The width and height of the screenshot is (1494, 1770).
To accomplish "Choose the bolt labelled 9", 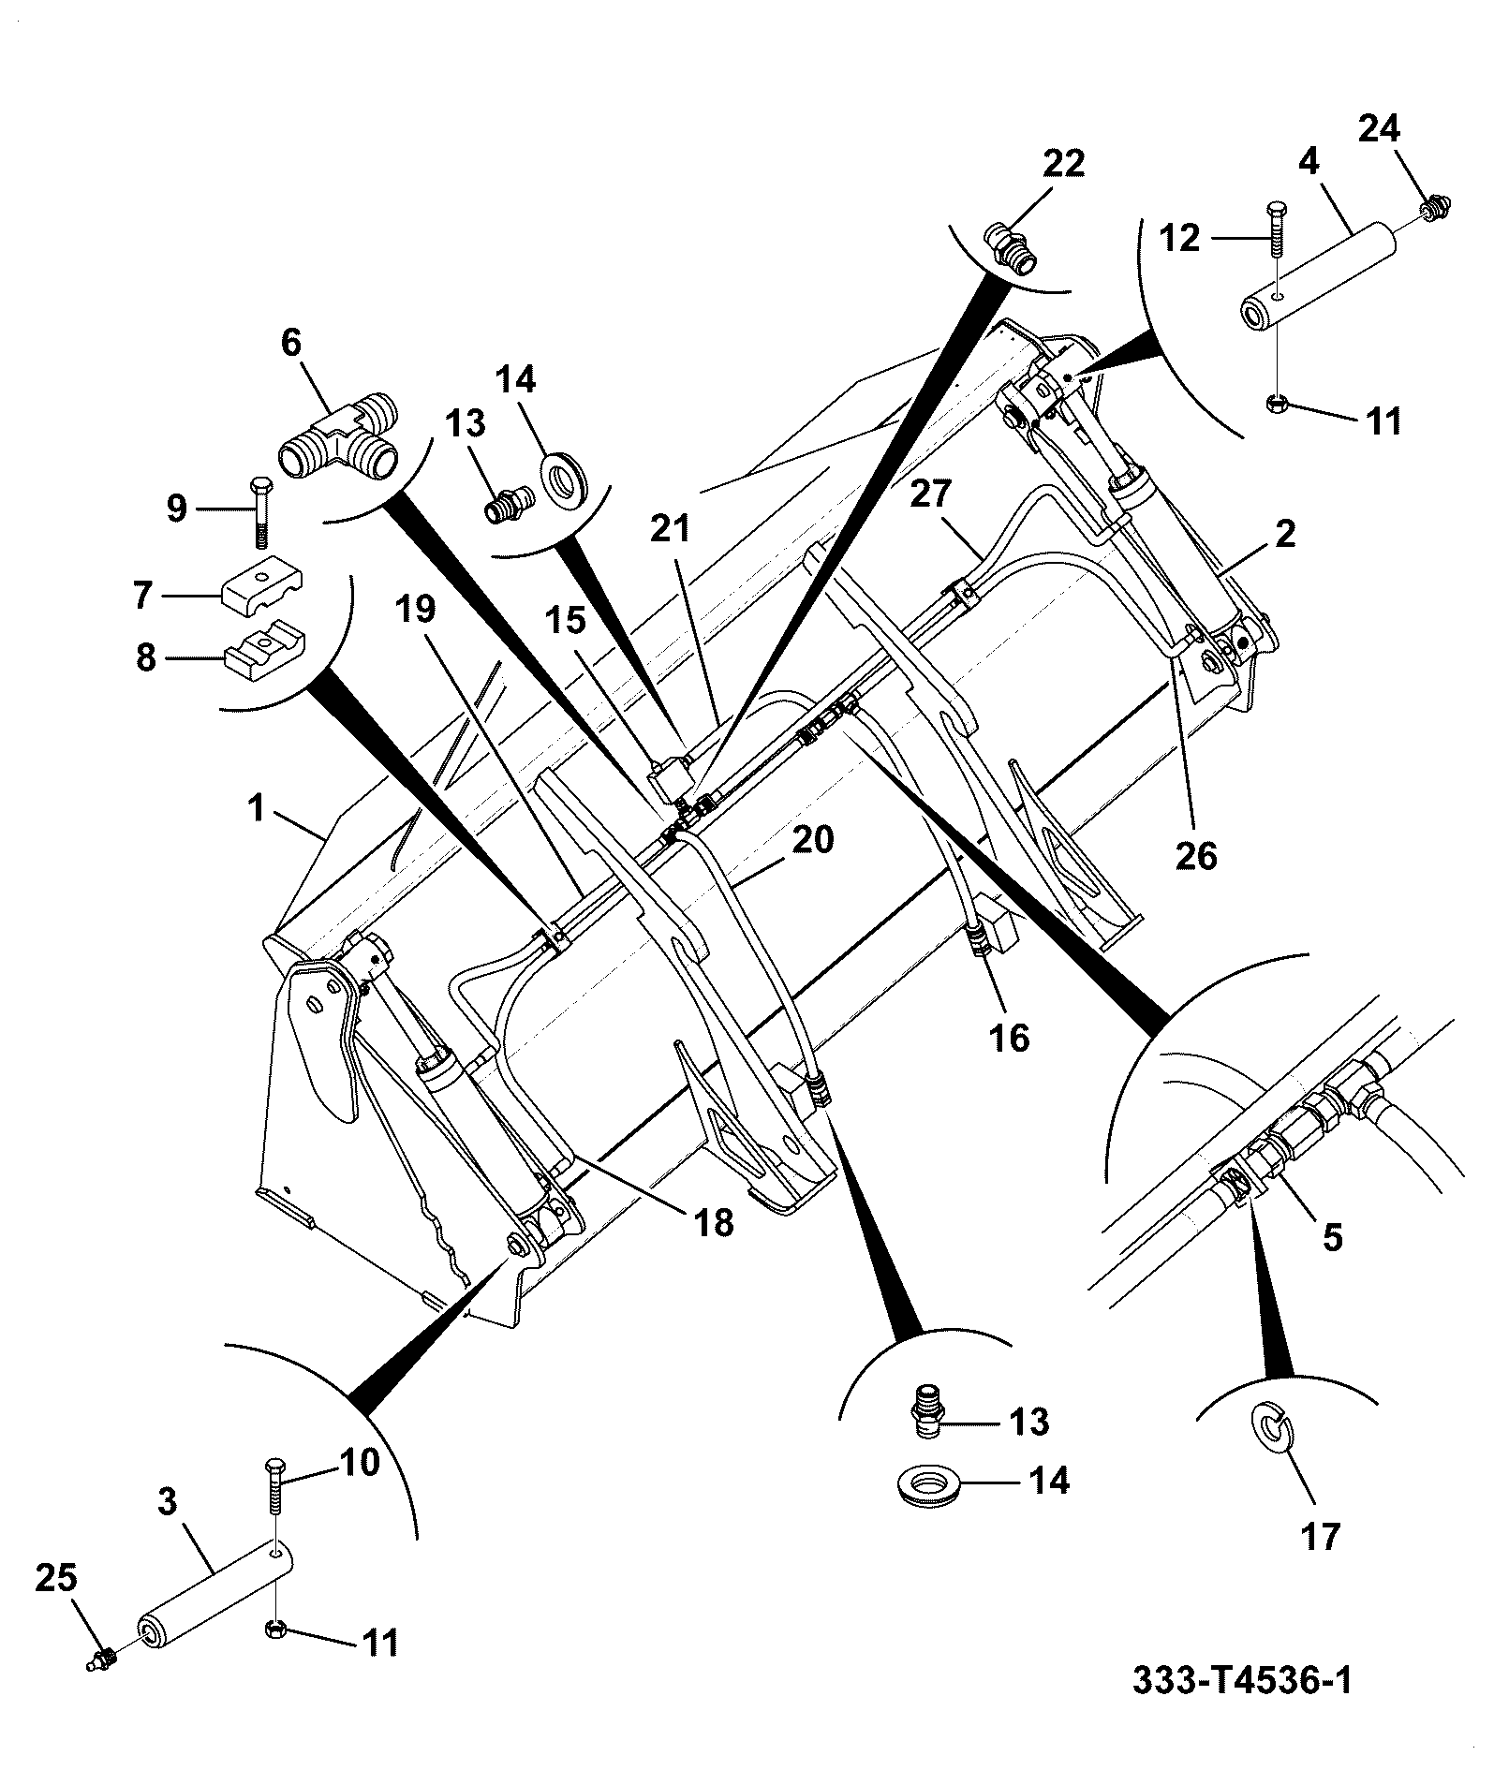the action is (259, 511).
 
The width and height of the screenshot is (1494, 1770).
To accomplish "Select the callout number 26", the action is (1195, 856).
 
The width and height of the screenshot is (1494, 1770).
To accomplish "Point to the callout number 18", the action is (714, 1222).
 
